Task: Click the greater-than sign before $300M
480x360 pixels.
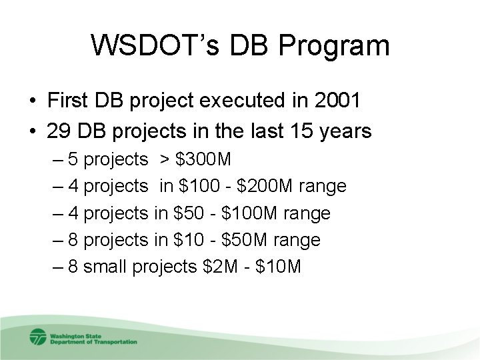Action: pyautogui.click(x=163, y=159)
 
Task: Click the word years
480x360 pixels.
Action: pyautogui.click(x=344, y=131)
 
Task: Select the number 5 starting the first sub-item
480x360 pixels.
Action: pyautogui.click(x=73, y=159)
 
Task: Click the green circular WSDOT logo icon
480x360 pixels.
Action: pyautogui.click(x=38, y=336)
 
